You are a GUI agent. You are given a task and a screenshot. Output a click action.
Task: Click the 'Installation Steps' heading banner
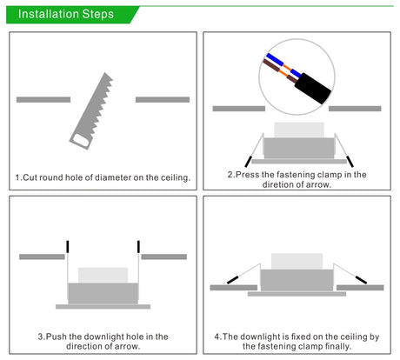click(72, 15)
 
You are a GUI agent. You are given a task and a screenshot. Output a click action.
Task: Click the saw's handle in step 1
click(80, 141)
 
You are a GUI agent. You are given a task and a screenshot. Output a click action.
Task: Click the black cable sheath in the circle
click(313, 89)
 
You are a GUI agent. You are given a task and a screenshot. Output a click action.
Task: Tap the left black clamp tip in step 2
click(249, 162)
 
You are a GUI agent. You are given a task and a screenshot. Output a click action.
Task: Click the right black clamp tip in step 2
click(350, 162)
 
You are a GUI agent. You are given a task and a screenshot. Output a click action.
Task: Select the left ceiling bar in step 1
click(43, 100)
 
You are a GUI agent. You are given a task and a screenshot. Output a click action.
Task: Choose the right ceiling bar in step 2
click(355, 109)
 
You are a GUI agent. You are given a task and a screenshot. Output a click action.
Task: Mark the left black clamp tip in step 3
click(68, 247)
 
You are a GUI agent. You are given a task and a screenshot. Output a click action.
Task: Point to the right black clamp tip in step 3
click(138, 247)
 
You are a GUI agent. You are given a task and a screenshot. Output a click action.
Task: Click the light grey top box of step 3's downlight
click(103, 276)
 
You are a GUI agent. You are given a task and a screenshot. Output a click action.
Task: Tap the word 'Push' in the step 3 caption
click(57, 337)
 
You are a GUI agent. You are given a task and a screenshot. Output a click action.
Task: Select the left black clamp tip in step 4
click(233, 280)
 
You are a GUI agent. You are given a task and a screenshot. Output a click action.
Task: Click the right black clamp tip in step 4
click(361, 280)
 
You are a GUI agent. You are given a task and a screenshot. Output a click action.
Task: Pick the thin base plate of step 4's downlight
click(297, 294)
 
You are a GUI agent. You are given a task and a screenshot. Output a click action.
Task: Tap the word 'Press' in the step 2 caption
click(247, 175)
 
